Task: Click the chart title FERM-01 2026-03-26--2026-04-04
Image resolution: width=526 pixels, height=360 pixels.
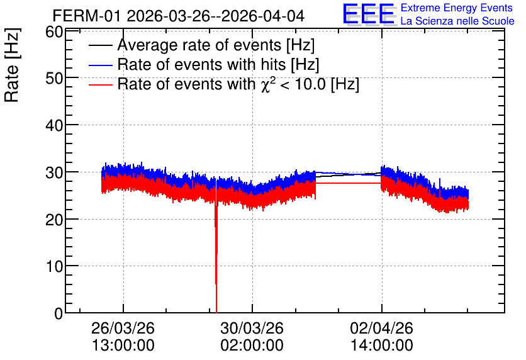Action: pyautogui.click(x=179, y=16)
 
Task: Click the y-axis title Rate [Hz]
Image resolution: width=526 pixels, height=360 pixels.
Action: pyautogui.click(x=12, y=65)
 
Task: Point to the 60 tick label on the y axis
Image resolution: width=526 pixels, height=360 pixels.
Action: pyautogui.click(x=54, y=32)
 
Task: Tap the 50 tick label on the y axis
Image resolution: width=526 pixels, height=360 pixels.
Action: pyautogui.click(x=54, y=79)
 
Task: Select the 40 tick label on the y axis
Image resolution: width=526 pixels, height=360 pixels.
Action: pyautogui.click(x=54, y=126)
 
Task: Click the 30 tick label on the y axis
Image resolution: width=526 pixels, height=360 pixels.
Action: pyautogui.click(x=54, y=173)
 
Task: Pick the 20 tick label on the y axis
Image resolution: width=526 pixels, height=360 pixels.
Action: pyautogui.click(x=54, y=220)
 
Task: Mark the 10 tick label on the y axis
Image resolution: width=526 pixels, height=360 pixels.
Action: pyautogui.click(x=54, y=267)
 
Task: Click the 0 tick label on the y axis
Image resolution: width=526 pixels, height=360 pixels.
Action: pyautogui.click(x=59, y=313)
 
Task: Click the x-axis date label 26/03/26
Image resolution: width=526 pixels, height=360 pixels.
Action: pyautogui.click(x=123, y=328)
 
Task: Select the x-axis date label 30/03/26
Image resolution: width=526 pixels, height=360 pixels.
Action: pyautogui.click(x=252, y=328)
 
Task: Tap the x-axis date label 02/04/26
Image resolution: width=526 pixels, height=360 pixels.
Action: pyautogui.click(x=381, y=328)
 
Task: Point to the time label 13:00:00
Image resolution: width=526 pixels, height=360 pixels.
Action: pyautogui.click(x=123, y=346)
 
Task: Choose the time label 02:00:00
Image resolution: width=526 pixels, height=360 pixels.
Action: pyautogui.click(x=252, y=346)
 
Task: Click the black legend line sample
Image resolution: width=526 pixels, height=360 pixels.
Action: pyautogui.click(x=100, y=45)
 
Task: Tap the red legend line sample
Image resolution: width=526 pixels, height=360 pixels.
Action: pyautogui.click(x=100, y=85)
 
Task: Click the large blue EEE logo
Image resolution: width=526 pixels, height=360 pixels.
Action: pyautogui.click(x=369, y=14)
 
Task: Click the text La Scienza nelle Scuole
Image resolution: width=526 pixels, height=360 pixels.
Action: pyautogui.click(x=457, y=21)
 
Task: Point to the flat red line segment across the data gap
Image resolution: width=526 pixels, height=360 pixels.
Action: pyautogui.click(x=348, y=183)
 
